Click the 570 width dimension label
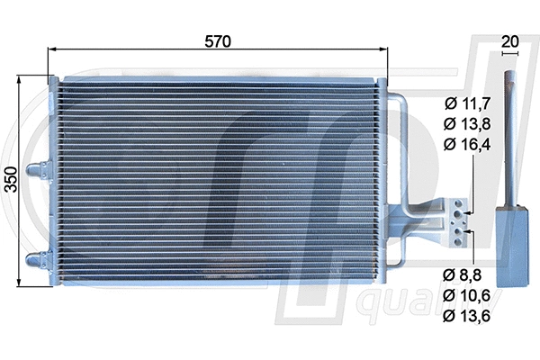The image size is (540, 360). pos(217,41)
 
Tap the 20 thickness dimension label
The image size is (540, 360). pos(510,40)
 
